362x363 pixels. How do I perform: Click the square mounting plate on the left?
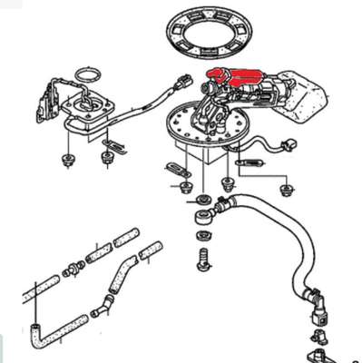pos(91,113)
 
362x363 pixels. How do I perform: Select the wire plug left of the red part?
pos(186,82)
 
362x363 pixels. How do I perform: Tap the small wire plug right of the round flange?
pos(289,144)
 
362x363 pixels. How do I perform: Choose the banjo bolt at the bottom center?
pos(201,259)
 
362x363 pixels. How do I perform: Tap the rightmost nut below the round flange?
pos(289,188)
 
